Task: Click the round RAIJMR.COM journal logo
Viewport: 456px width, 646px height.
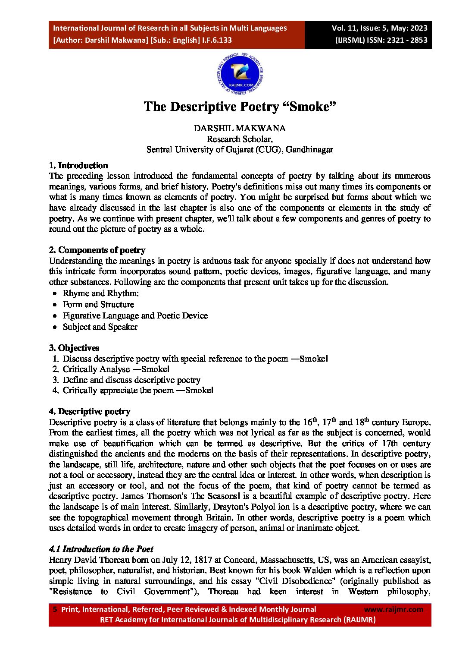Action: [x=240, y=74]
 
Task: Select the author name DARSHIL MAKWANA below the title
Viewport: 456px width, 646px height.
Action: [x=240, y=128]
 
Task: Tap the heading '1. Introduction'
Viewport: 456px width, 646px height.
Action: [x=78, y=165]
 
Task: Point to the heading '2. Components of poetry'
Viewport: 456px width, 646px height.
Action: [x=97, y=250]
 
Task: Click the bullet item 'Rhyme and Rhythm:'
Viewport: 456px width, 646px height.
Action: [x=101, y=293]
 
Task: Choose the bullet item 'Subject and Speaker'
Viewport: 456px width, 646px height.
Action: [x=100, y=327]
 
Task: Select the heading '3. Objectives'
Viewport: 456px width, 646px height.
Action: [x=74, y=348]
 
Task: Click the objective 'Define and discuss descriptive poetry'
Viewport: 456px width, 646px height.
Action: [x=131, y=380]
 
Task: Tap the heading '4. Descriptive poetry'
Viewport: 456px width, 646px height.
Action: [x=90, y=411]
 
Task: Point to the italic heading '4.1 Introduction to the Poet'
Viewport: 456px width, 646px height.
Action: [x=101, y=549]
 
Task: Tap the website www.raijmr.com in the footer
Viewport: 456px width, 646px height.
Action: [x=394, y=609]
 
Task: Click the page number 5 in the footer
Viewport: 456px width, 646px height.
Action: [x=55, y=609]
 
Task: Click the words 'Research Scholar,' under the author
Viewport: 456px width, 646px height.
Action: [x=240, y=139]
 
